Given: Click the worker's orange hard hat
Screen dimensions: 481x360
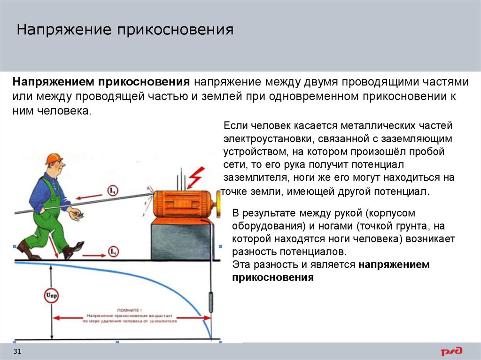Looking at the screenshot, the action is [54, 158].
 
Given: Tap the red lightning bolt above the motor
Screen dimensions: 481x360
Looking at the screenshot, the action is [194, 176].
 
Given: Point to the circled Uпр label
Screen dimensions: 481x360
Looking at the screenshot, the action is [51, 296].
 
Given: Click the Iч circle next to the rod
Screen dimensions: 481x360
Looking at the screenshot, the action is [113, 191].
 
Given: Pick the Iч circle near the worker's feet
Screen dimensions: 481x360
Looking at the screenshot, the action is [113, 252].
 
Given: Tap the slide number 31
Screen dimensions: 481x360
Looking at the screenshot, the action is [17, 352].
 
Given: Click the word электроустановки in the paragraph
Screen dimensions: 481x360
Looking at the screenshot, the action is [264, 139].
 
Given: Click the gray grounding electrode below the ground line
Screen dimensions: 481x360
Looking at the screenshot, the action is [210, 300].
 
